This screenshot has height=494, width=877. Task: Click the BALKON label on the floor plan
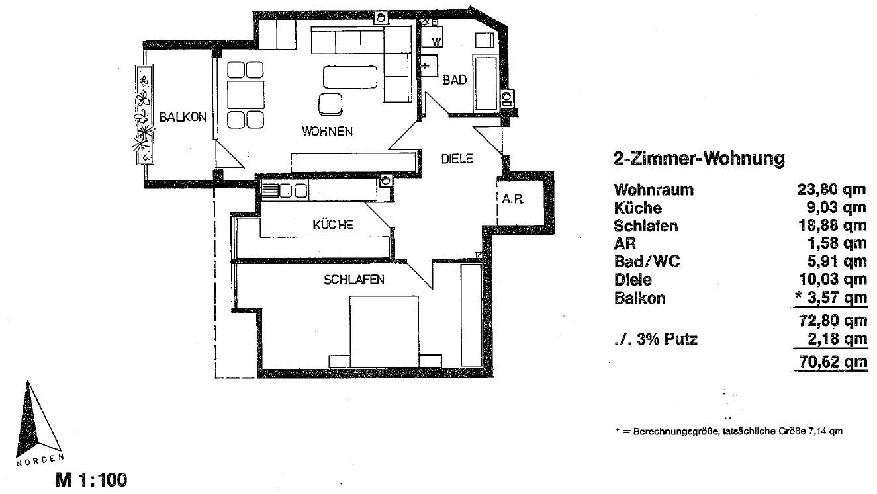[183, 117]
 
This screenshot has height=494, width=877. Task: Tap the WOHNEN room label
[327, 131]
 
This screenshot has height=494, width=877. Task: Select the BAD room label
[455, 80]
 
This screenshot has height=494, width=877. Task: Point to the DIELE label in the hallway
[457, 159]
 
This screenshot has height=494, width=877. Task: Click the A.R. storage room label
[513, 199]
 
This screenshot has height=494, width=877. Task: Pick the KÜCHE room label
[333, 225]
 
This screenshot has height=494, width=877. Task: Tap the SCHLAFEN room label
[354, 280]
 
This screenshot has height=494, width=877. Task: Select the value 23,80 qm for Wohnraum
[832, 190]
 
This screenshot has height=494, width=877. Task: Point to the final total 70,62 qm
[831, 362]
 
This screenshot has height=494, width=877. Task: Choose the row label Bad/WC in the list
[647, 262]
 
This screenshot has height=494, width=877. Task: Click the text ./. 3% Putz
[655, 340]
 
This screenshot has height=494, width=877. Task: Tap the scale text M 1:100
[90, 479]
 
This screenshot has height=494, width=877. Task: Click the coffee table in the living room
[350, 77]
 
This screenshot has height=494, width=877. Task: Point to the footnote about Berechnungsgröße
[728, 431]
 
